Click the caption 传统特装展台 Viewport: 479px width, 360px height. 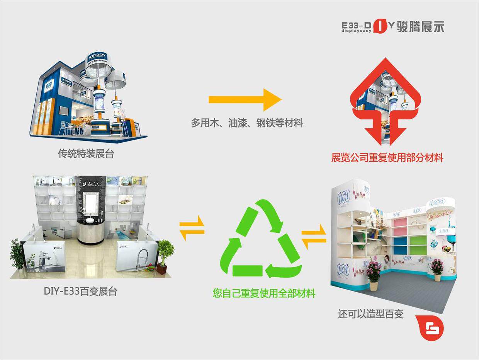click(86, 154)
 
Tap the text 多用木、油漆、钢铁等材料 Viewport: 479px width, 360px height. click(247, 123)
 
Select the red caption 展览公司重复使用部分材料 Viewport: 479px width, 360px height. click(387, 157)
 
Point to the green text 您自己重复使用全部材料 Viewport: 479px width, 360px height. click(264, 293)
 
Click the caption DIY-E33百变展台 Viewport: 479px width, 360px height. click(80, 291)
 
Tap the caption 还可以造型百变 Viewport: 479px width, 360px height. click(370, 314)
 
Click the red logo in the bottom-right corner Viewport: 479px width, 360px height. click(430, 328)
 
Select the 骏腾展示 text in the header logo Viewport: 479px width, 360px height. click(420, 27)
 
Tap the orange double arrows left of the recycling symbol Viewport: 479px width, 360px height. click(192, 228)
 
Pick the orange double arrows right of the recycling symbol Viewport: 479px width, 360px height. click(314, 237)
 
